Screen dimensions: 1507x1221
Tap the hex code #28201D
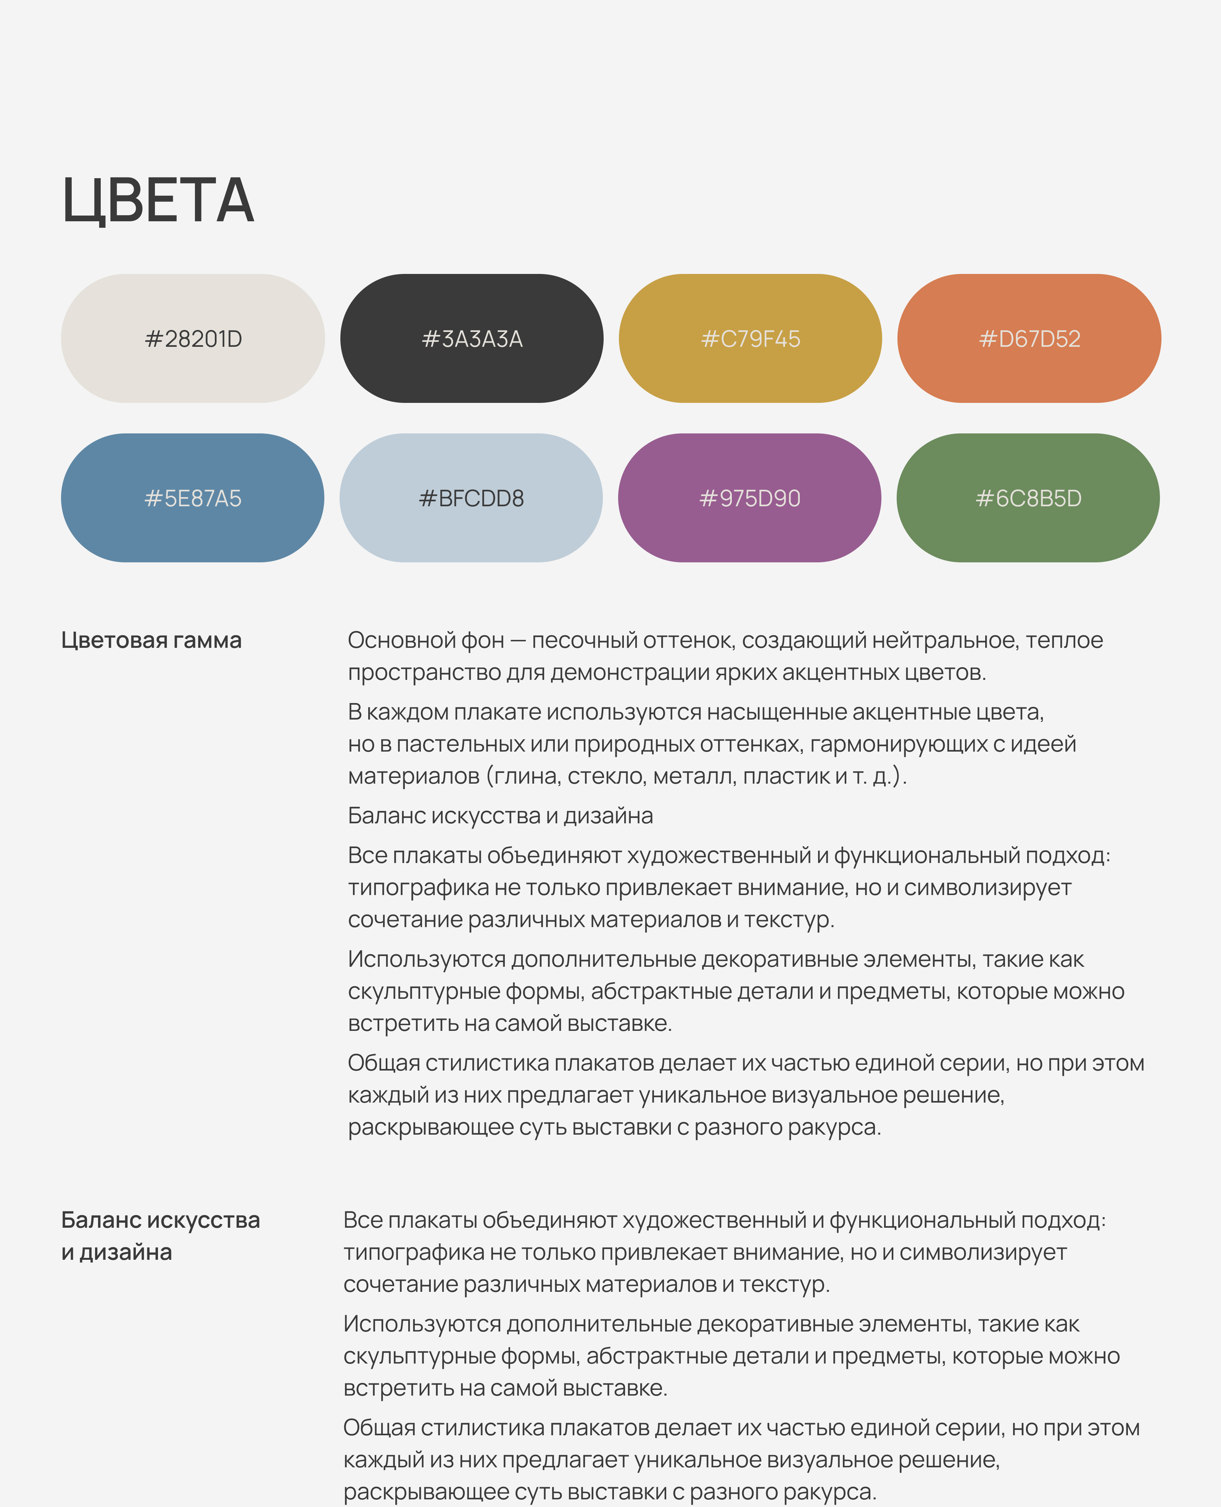pyautogui.click(x=193, y=339)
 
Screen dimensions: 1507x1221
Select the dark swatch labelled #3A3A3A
pyautogui.click(x=472, y=339)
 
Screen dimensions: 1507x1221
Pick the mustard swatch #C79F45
pyautogui.click(x=751, y=339)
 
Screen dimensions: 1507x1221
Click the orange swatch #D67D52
pyautogui.click(x=1029, y=339)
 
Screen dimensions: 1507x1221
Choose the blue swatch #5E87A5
pyautogui.click(x=193, y=498)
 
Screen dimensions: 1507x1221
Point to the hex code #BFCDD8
pyautogui.click(x=471, y=498)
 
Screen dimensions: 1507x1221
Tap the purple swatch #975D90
pyautogui.click(x=750, y=498)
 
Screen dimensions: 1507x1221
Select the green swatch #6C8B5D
pyautogui.click(x=1028, y=498)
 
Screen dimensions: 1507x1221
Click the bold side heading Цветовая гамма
pyautogui.click(x=151, y=640)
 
